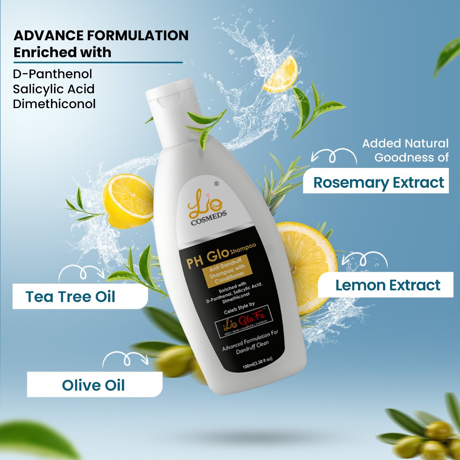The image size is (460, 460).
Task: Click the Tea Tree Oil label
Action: (71, 297)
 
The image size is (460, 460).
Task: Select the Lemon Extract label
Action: (388, 285)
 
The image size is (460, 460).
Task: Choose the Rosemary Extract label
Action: (378, 182)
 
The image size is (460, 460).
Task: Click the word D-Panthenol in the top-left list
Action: (53, 74)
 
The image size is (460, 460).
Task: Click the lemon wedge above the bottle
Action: (281, 74)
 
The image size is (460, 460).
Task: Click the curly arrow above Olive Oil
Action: (125, 360)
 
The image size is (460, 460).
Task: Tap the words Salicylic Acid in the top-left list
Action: (54, 89)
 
